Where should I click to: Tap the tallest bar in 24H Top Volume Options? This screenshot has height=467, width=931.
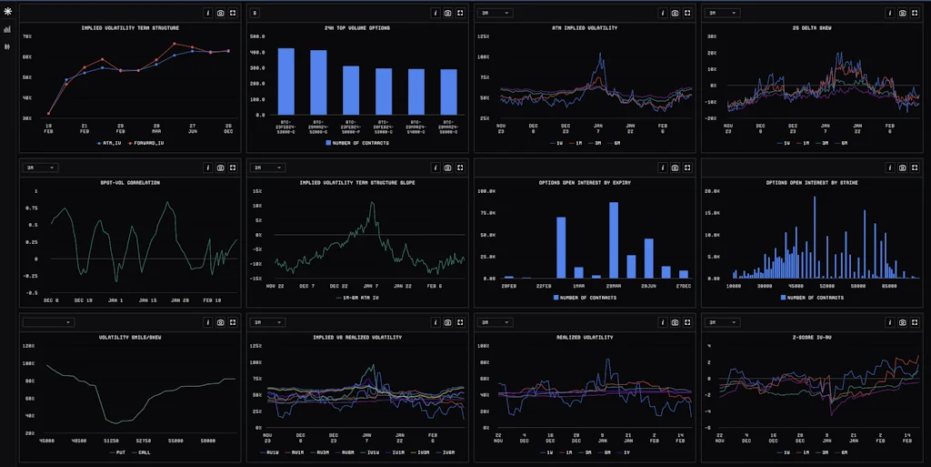coord(285,82)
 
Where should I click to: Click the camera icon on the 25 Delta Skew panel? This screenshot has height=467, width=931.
coord(902,14)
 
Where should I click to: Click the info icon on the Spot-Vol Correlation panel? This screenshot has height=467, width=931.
coord(207,168)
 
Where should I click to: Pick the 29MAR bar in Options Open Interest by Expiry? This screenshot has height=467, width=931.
coord(614,239)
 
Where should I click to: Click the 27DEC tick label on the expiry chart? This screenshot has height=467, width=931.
coord(683,286)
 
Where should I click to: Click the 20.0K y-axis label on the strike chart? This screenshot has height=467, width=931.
coord(715,192)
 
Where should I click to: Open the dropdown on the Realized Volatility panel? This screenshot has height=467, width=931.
coord(497,322)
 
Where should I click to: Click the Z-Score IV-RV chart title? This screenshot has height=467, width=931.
coord(813,337)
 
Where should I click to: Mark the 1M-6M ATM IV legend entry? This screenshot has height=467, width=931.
coord(357,298)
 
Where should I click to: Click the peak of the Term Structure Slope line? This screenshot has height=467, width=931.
coord(372,203)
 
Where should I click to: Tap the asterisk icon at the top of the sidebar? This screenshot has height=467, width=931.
coord(8,11)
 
